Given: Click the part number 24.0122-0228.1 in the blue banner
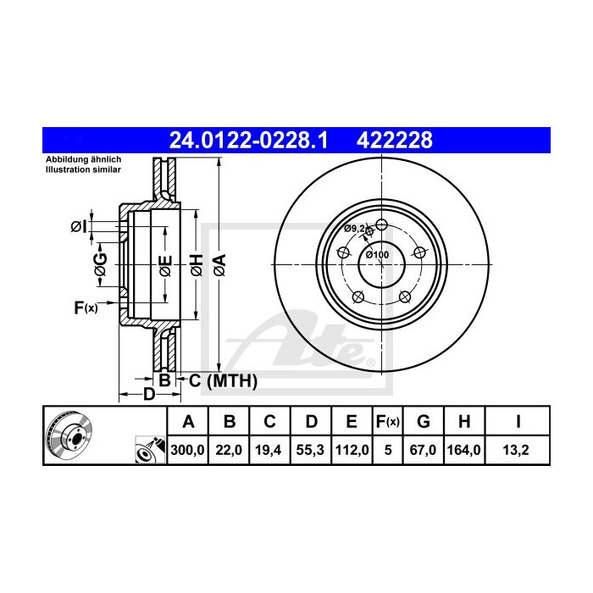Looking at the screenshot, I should [x=249, y=139].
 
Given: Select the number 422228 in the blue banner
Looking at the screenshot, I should [x=397, y=139].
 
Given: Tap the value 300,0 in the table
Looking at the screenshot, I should [x=189, y=452].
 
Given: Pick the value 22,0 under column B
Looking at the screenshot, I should [x=230, y=452].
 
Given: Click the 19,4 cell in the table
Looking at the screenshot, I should [x=269, y=452].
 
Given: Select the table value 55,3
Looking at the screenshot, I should [x=310, y=452].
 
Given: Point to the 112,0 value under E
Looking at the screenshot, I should [x=350, y=452].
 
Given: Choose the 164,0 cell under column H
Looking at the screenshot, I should [x=465, y=452].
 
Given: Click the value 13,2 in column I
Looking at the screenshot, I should [x=518, y=452].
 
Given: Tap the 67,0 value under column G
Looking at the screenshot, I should [x=425, y=452].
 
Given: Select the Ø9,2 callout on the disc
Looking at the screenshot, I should [x=355, y=229].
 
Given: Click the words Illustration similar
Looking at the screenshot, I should [x=83, y=169].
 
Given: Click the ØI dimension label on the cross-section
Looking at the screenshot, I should [x=77, y=226].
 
